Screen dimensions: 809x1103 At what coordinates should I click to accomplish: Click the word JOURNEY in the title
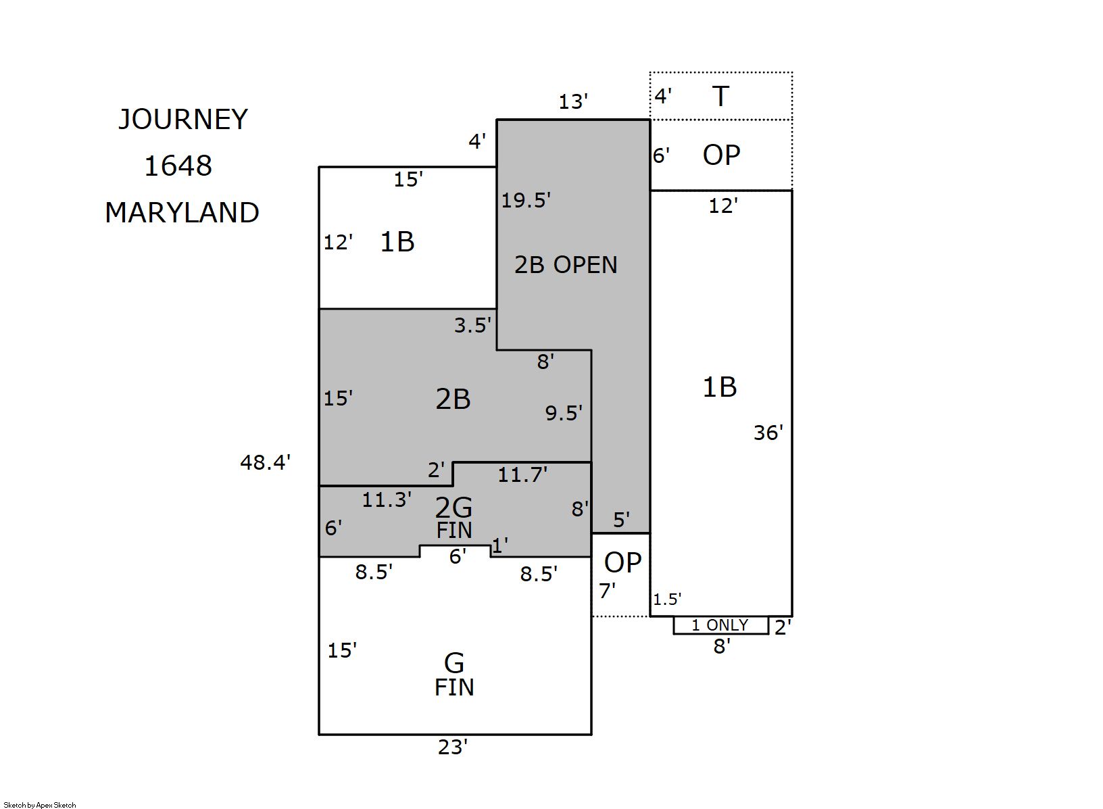pyautogui.click(x=183, y=120)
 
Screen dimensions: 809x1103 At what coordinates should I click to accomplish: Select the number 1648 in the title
pyautogui.click(x=178, y=166)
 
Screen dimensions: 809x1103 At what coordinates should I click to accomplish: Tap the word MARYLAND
pyautogui.click(x=182, y=213)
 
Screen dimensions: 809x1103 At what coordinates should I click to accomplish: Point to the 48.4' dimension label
pyautogui.click(x=265, y=463)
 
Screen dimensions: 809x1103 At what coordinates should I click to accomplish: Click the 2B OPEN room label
pyautogui.click(x=566, y=265)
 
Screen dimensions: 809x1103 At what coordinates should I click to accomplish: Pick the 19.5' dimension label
pyautogui.click(x=526, y=200)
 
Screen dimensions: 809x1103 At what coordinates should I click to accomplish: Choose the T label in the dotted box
pyautogui.click(x=720, y=97)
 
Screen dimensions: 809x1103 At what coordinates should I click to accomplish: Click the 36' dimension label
pyautogui.click(x=768, y=433)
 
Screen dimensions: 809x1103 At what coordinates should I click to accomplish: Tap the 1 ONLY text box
pyautogui.click(x=720, y=626)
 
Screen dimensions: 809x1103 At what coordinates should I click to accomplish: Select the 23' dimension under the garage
pyautogui.click(x=452, y=747)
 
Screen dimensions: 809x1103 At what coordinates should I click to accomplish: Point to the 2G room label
pyautogui.click(x=454, y=508)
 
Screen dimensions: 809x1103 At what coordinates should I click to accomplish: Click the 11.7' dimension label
pyautogui.click(x=522, y=475)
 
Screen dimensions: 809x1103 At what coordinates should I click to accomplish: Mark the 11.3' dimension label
pyautogui.click(x=387, y=500)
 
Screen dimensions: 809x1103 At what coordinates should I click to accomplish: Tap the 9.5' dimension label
pyautogui.click(x=564, y=413)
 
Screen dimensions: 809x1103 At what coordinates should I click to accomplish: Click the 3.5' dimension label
pyautogui.click(x=472, y=326)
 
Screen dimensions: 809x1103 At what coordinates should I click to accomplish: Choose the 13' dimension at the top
pyautogui.click(x=573, y=102)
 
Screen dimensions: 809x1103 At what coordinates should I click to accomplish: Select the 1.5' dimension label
pyautogui.click(x=667, y=599)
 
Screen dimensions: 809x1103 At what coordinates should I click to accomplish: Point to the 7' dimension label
pyautogui.click(x=607, y=591)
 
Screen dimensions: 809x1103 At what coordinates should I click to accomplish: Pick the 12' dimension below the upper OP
pyautogui.click(x=722, y=205)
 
